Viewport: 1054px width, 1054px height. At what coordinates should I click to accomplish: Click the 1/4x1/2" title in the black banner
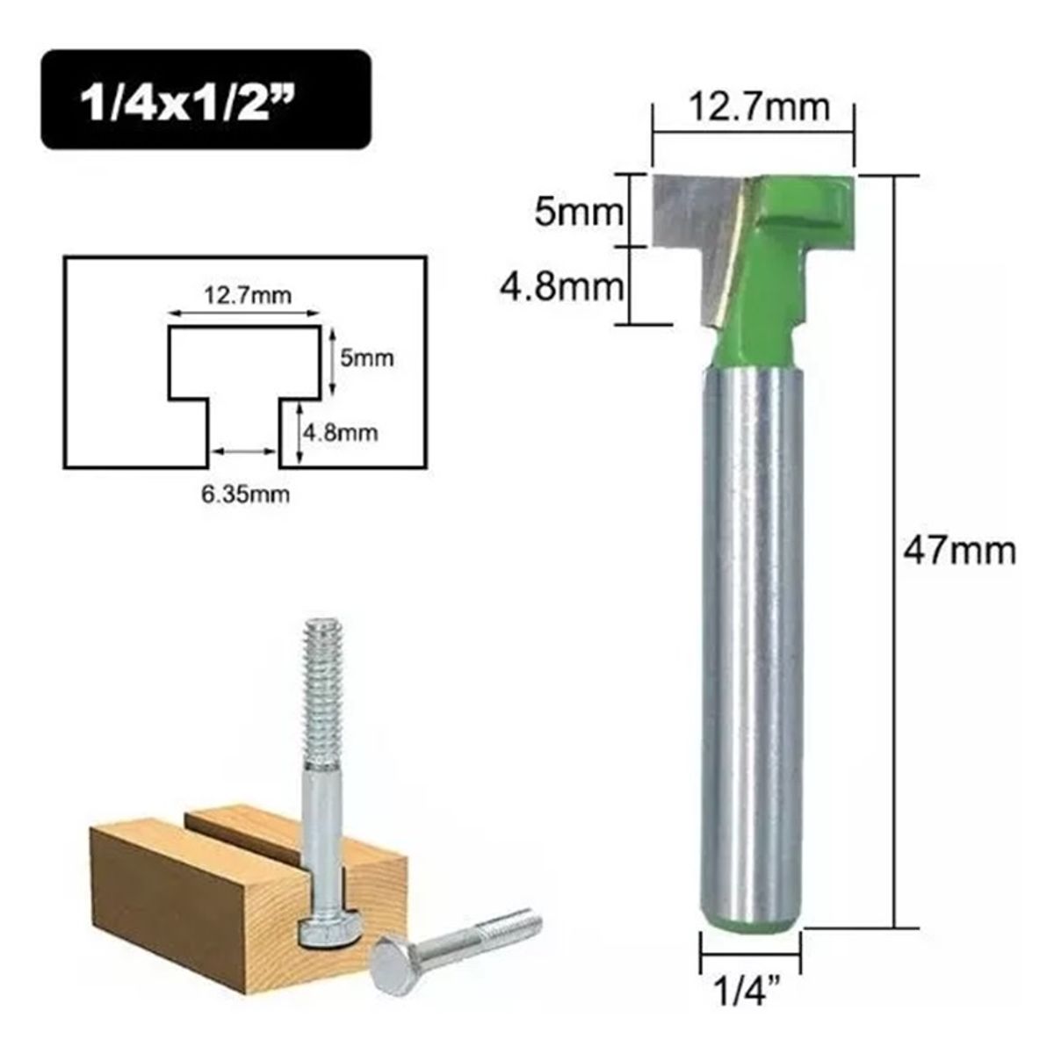205,102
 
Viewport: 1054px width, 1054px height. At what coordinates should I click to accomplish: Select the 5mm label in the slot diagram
367,357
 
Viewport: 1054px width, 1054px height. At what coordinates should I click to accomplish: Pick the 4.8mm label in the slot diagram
341,432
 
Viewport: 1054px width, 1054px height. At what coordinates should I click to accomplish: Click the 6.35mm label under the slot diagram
244,494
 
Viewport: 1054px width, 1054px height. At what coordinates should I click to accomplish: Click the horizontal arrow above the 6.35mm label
243,451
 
